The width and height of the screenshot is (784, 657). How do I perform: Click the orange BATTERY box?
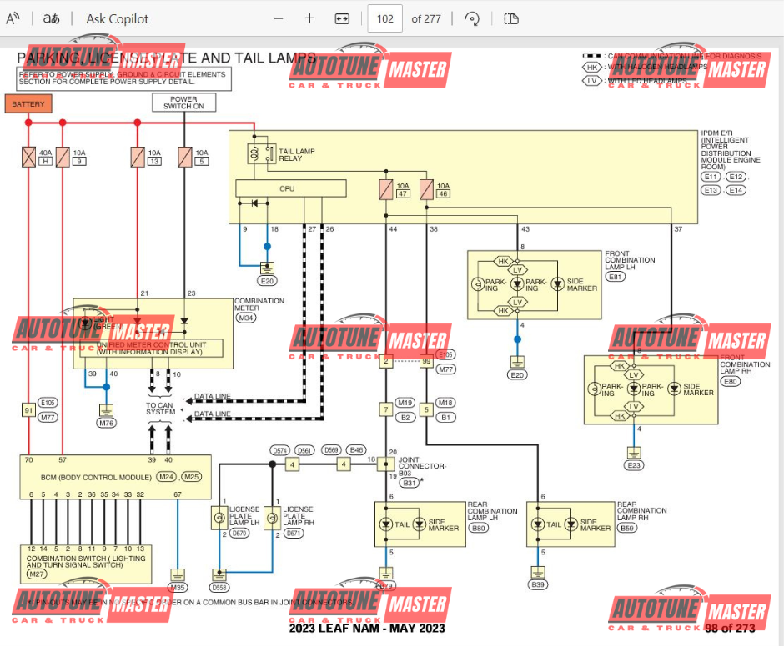28,104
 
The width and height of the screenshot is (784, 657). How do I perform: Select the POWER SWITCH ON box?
183,103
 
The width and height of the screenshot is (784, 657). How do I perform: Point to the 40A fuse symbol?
28,158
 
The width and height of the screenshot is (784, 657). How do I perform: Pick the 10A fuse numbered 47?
386,189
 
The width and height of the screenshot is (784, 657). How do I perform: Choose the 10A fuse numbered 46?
427,189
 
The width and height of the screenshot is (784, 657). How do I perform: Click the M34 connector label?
247,318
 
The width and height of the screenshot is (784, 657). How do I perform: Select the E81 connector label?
616,276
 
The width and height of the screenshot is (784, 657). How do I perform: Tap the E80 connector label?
731,381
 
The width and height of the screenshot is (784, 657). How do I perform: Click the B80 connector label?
479,528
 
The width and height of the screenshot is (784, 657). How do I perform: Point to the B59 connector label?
627,528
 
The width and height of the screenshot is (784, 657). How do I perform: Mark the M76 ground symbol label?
106,423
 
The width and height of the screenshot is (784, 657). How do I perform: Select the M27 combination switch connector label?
38,574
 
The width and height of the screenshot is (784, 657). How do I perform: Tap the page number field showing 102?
385,18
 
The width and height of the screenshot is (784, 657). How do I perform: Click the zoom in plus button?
309,18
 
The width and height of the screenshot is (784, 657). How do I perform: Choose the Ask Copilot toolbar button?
117,18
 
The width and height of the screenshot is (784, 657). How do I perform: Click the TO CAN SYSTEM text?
161,408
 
